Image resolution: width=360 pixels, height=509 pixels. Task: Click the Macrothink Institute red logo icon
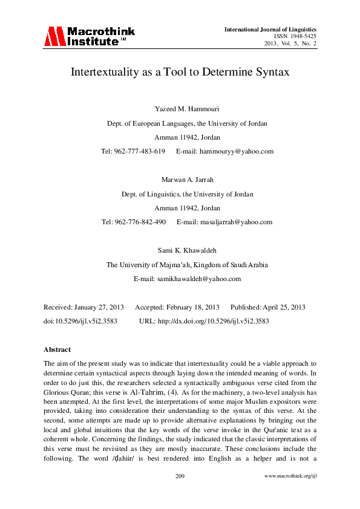pos(54,37)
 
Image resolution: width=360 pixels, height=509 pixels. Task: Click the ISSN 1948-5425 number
pos(295,36)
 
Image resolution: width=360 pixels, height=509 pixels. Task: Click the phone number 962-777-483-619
pos(139,151)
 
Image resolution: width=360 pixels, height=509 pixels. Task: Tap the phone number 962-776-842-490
pos(140,222)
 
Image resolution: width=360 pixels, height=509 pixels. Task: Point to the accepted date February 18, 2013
pos(192,308)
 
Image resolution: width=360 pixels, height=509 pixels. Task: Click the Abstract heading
pos(57,349)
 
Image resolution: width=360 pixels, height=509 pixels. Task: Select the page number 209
pos(180,493)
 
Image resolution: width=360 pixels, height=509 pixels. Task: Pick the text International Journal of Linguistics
pos(270,29)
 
